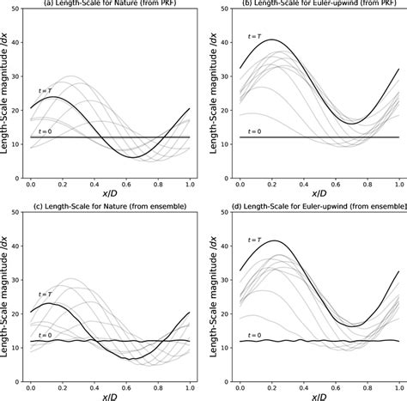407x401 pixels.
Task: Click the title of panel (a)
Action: pos(105,4)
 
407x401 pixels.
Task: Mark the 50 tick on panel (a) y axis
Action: pos(18,9)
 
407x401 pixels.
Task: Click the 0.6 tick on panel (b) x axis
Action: pos(335,184)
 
